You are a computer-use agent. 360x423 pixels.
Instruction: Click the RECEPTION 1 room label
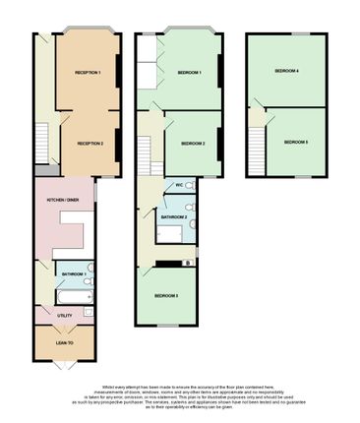89,73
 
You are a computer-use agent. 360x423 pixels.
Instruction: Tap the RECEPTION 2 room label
89,143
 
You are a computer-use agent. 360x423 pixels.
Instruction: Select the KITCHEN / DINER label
56,201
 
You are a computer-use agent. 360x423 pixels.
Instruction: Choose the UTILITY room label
65,316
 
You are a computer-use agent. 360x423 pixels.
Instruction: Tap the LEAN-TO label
65,342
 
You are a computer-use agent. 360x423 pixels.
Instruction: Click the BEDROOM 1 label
190,73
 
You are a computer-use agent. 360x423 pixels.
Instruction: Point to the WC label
178,186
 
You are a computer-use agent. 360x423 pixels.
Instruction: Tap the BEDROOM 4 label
286,72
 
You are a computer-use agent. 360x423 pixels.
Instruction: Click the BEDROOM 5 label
296,143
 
